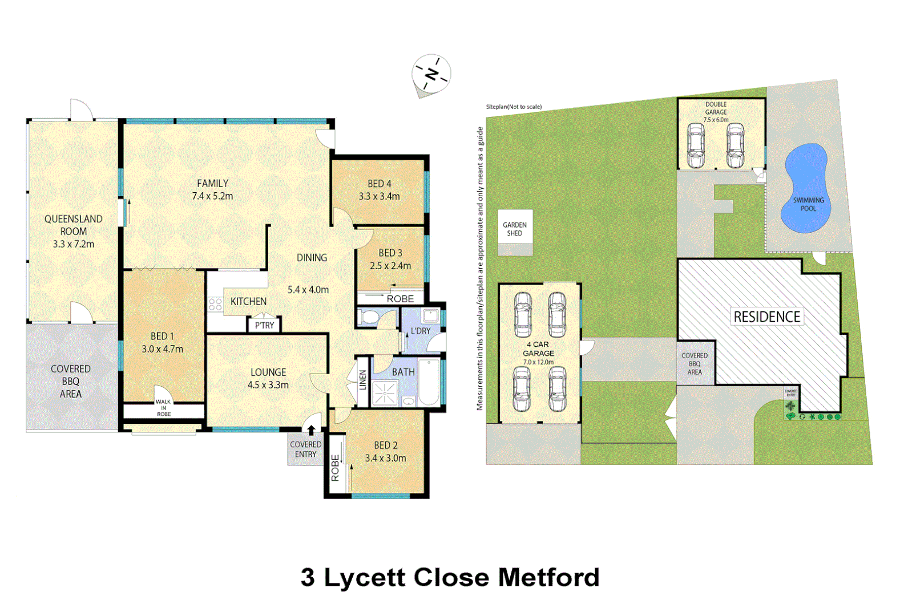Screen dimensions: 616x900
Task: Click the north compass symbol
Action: [x=431, y=74]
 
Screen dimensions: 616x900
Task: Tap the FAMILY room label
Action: [x=212, y=183]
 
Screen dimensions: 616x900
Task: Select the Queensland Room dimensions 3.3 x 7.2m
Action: [x=74, y=244]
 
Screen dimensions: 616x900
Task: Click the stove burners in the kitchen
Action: [x=215, y=304]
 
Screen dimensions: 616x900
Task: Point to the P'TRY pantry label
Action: [x=264, y=325]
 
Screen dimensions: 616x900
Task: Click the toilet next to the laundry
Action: [x=368, y=317]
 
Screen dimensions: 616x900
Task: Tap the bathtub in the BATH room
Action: [x=429, y=382]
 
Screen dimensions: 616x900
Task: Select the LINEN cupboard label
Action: [x=362, y=380]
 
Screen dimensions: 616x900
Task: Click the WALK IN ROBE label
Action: [x=164, y=408]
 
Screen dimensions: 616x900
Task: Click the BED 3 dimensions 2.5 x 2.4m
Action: [x=390, y=266]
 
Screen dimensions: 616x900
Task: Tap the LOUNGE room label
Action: [x=268, y=372]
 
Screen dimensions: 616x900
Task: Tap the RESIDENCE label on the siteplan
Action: [x=766, y=317]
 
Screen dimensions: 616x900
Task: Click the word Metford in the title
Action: [x=548, y=577]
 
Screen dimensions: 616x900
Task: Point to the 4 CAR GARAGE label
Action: [x=538, y=349]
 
